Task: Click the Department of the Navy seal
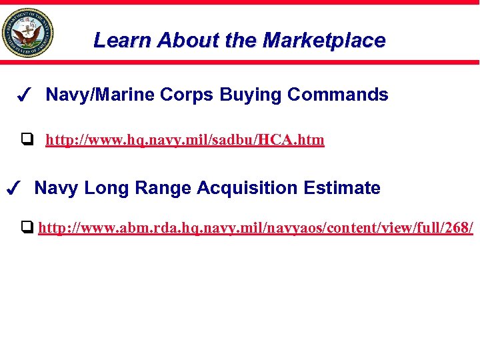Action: pyautogui.click(x=27, y=33)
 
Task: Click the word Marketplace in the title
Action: pyautogui.click(x=324, y=41)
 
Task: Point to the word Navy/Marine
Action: pyautogui.click(x=100, y=95)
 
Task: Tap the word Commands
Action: pyautogui.click(x=338, y=95)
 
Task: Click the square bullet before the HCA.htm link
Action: pyautogui.click(x=27, y=140)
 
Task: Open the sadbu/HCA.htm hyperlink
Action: pyautogui.click(x=185, y=140)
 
